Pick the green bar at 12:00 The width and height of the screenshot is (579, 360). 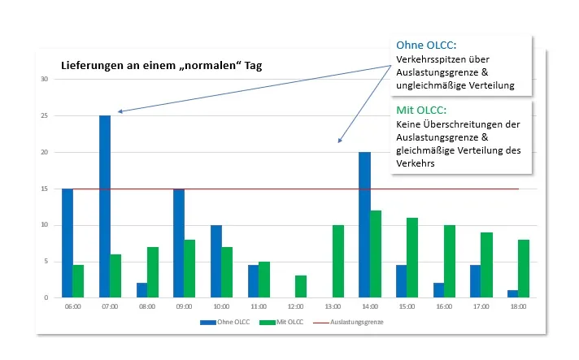301,287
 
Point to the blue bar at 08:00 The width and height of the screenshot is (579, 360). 142,290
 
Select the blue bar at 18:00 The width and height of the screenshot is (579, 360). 512,293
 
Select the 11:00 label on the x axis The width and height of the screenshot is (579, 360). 259,307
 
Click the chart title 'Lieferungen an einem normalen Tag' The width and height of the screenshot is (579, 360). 161,64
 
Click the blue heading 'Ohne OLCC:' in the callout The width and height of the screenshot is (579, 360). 425,45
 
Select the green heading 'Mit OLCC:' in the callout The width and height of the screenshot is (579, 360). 421,110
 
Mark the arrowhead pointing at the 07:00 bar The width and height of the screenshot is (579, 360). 120,111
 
